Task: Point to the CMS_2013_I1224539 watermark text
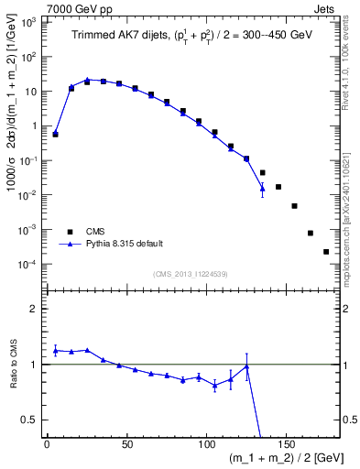click(x=191, y=272)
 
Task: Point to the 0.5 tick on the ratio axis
click(x=31, y=420)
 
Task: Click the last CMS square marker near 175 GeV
click(x=326, y=251)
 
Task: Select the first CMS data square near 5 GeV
click(x=55, y=134)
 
